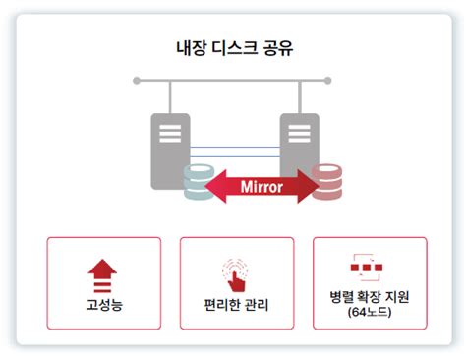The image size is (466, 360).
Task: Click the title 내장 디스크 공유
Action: tap(232, 46)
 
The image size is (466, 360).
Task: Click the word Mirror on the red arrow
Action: tap(262, 186)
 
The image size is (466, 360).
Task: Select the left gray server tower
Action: tap(170, 148)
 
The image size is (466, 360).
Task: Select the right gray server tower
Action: tap(299, 143)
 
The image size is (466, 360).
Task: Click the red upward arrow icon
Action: tap(103, 270)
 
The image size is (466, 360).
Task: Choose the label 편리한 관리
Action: tap(236, 304)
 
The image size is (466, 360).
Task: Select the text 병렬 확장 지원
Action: tap(369, 297)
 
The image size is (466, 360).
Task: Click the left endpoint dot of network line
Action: tap(137, 81)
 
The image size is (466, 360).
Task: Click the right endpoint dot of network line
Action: tap(328, 81)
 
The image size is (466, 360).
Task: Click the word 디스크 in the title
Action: tap(233, 46)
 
